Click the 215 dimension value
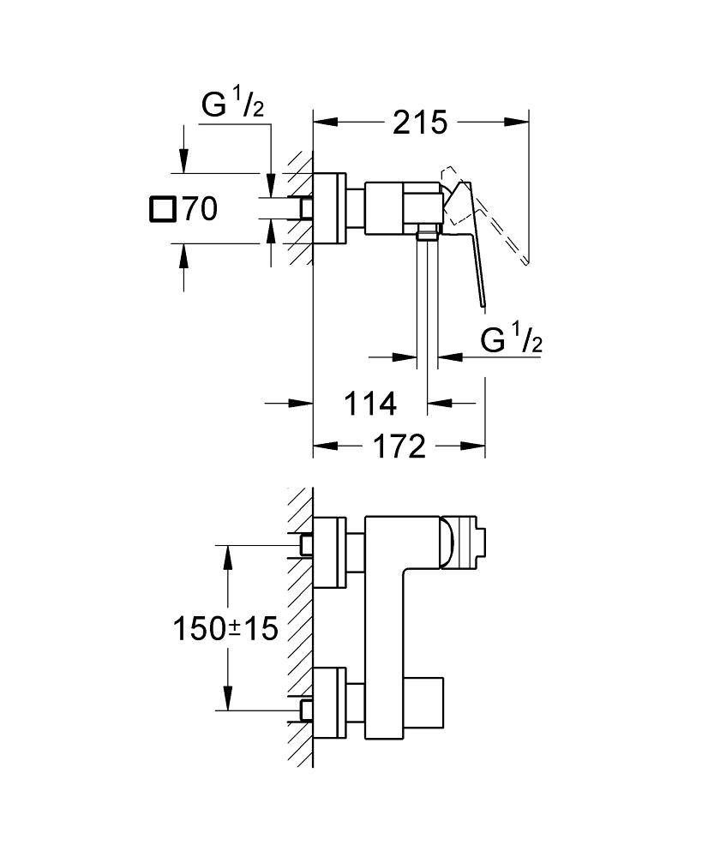point(420,123)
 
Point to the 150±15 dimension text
point(226,629)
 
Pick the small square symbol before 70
point(161,209)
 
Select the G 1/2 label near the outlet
point(511,342)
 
